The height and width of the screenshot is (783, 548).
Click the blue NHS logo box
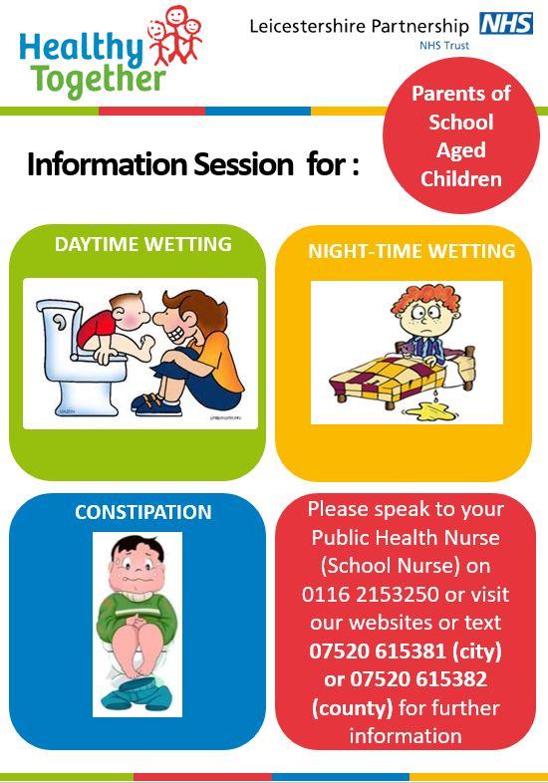[506, 24]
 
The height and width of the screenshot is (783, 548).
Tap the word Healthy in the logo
[81, 49]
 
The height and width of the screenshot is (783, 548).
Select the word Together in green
[99, 80]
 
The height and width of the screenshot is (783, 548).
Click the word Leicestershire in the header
[308, 26]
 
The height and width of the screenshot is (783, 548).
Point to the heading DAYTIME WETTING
[142, 244]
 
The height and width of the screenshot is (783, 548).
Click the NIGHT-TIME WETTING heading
[411, 251]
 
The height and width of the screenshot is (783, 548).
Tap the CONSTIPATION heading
[143, 512]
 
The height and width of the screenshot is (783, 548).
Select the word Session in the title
[244, 164]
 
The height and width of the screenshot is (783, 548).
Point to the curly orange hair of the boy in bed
[425, 299]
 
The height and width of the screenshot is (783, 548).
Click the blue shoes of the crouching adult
[156, 404]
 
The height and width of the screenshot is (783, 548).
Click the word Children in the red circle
[461, 179]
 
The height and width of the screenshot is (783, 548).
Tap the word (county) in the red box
[352, 708]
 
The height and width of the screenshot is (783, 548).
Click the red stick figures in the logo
[174, 36]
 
